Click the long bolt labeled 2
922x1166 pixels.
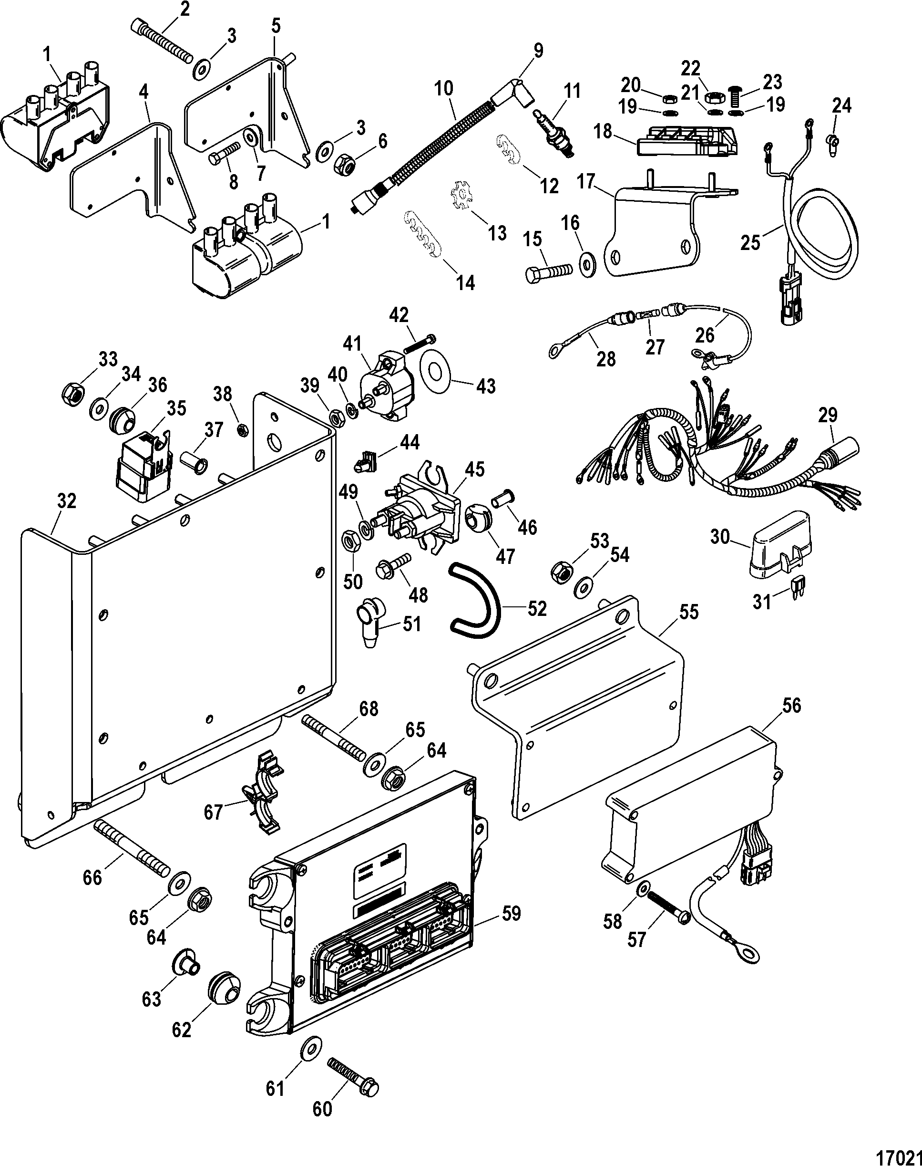coord(162,42)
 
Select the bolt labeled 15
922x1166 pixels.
coord(547,271)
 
